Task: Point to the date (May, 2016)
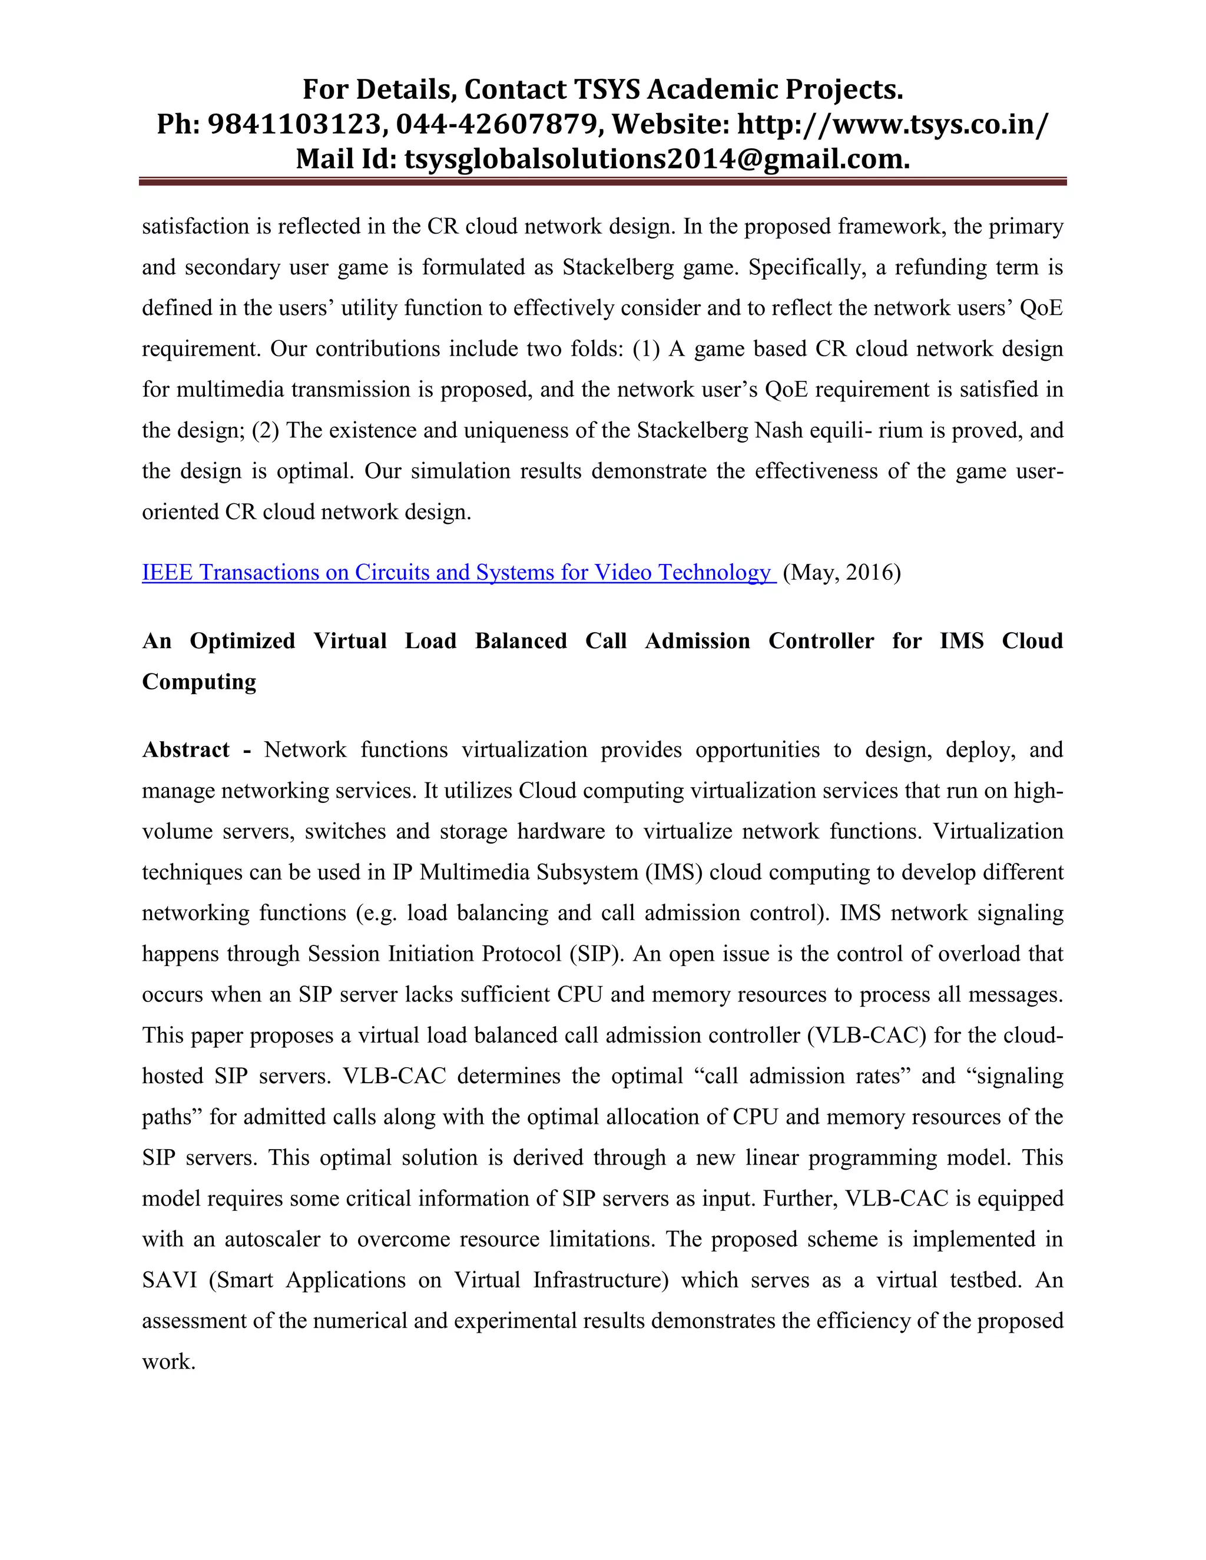(x=841, y=573)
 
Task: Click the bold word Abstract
(x=185, y=750)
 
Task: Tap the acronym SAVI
(x=170, y=1280)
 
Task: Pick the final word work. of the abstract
(x=168, y=1362)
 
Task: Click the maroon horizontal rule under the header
(x=602, y=182)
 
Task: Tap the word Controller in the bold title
(x=820, y=642)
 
